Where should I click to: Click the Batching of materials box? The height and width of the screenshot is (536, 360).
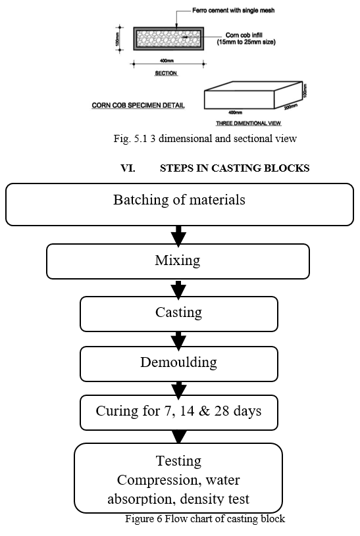click(179, 205)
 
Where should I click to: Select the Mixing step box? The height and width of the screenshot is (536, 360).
click(178, 261)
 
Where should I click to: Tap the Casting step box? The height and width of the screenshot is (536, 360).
click(179, 314)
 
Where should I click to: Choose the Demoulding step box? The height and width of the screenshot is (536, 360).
click(179, 364)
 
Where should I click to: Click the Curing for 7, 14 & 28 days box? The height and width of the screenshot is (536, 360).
click(179, 412)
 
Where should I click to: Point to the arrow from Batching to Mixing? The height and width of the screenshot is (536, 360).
click(178, 235)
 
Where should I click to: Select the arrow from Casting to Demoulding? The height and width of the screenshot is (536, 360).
click(178, 340)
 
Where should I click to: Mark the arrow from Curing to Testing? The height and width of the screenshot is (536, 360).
click(179, 437)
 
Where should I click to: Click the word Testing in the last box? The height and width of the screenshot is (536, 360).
click(178, 461)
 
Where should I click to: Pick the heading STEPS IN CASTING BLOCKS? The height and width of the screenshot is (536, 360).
click(235, 168)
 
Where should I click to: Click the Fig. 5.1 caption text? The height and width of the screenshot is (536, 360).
click(205, 139)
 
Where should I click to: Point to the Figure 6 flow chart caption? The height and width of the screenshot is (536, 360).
click(205, 518)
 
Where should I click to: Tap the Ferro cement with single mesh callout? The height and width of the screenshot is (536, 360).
click(234, 11)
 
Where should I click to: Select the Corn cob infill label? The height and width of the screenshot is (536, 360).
click(246, 38)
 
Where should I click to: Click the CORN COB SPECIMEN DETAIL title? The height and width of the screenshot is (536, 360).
click(138, 105)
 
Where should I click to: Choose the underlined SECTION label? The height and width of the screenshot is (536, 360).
click(166, 73)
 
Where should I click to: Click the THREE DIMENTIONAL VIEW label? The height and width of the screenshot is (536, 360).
click(248, 123)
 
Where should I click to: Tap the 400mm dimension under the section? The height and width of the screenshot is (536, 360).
click(167, 61)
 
